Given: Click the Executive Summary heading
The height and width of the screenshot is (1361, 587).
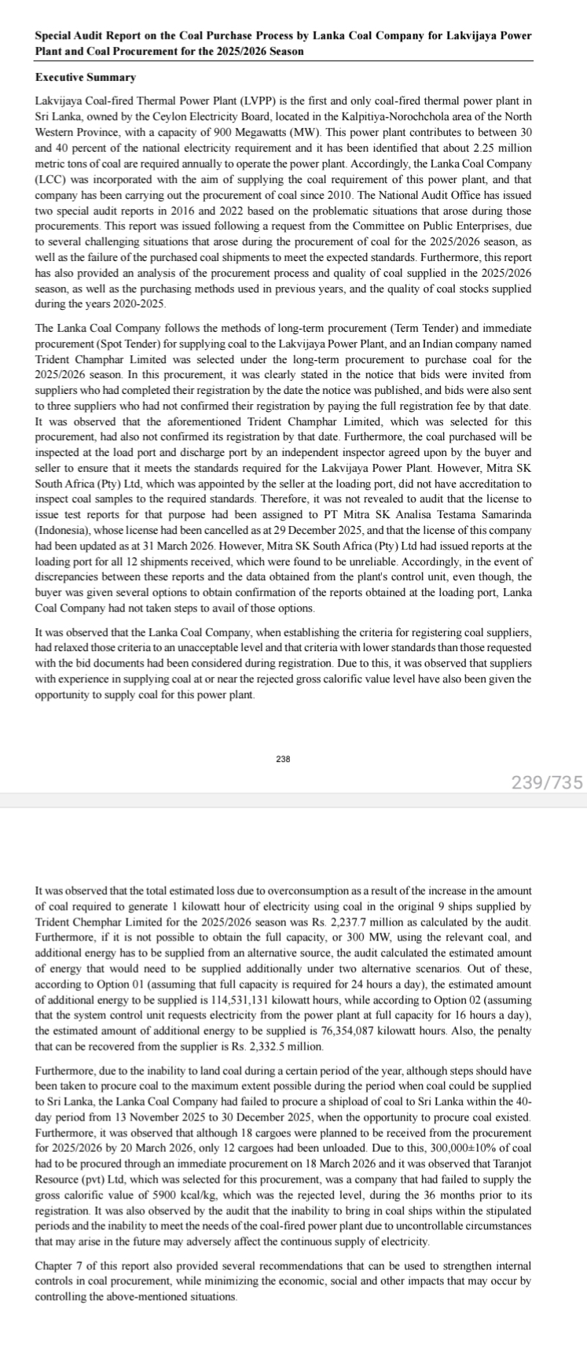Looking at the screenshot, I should click(x=86, y=78).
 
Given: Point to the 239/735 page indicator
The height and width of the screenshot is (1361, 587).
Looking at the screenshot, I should click(x=547, y=760).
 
